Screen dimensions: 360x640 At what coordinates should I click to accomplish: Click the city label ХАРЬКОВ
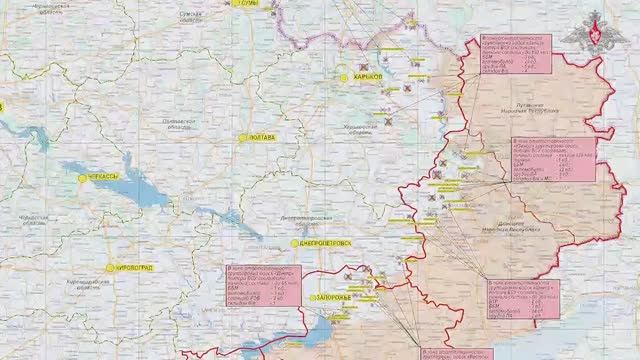pos(368,77)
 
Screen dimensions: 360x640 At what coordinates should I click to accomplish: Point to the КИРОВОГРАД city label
pos(135,267)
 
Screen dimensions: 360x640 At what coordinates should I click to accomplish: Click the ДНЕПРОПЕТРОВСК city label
pos(324,243)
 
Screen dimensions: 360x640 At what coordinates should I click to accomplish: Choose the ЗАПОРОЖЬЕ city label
pos(331,298)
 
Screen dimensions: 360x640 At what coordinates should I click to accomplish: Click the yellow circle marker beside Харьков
pos(343,77)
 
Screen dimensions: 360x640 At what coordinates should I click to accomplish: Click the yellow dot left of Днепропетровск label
pos(294,243)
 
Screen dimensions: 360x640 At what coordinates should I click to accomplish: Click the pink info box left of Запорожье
pos(263,285)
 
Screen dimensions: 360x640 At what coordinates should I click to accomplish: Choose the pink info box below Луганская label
pos(553,159)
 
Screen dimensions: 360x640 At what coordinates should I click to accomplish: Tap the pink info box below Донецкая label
pos(520,298)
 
